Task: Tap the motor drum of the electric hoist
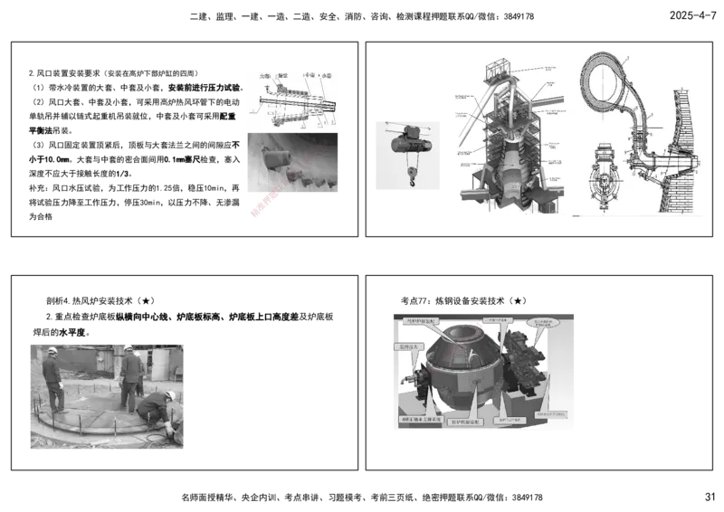(x=405, y=142)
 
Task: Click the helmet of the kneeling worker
(x=169, y=396)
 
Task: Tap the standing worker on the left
(x=52, y=380)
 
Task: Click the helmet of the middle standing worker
(x=129, y=347)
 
